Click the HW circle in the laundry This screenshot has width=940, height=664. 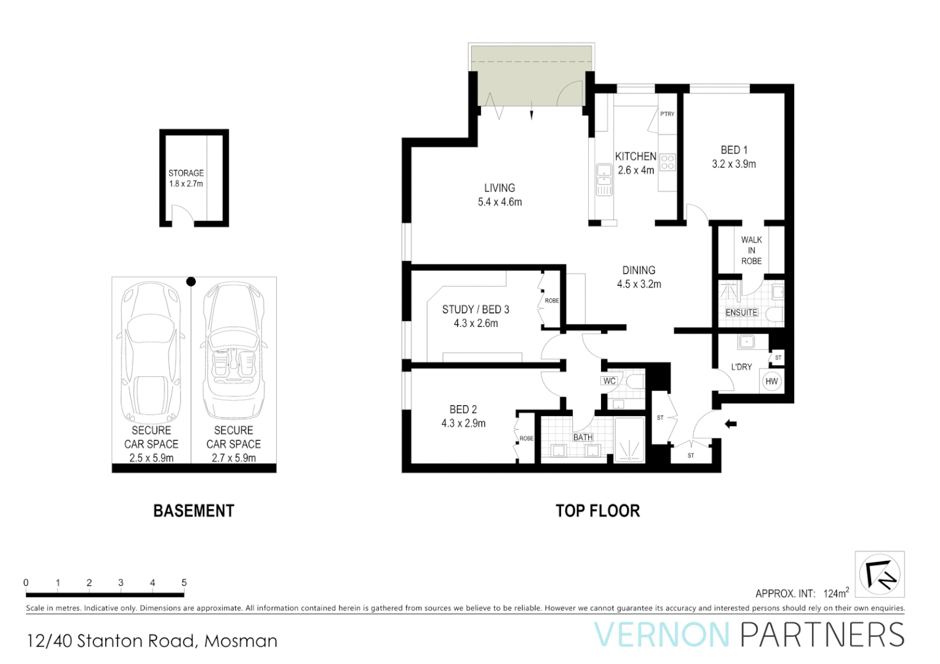pyautogui.click(x=771, y=381)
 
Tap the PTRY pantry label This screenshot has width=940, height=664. pyautogui.click(x=667, y=114)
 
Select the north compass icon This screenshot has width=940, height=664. pyautogui.click(x=880, y=574)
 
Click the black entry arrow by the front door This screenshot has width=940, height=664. pyautogui.click(x=730, y=424)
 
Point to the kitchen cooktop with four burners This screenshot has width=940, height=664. pyautogui.click(x=667, y=162)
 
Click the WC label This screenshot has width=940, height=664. pyautogui.click(x=609, y=381)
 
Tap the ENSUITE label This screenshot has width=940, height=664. pyautogui.click(x=741, y=312)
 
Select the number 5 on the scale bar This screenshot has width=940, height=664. pyautogui.click(x=184, y=582)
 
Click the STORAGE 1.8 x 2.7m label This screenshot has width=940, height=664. pyautogui.click(x=186, y=178)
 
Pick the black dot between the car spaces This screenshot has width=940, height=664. pyautogui.click(x=191, y=282)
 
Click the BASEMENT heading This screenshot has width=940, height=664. pyautogui.click(x=194, y=511)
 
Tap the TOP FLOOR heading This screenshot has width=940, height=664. pyautogui.click(x=597, y=511)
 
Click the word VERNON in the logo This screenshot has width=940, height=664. pyautogui.click(x=661, y=634)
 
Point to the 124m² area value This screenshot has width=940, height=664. pyautogui.click(x=835, y=593)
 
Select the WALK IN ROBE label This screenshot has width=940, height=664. pyautogui.click(x=751, y=250)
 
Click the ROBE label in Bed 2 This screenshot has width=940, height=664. pyautogui.click(x=527, y=438)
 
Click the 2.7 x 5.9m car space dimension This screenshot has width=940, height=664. pyautogui.click(x=234, y=457)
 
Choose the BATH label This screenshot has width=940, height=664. pyautogui.click(x=583, y=437)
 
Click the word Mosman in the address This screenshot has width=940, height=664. pyautogui.click(x=241, y=641)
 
